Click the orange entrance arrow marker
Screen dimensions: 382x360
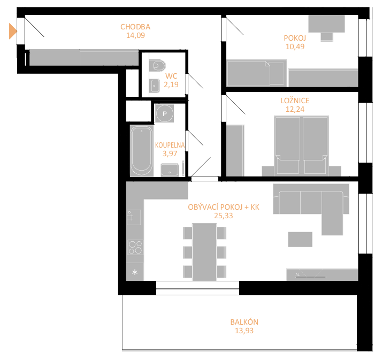13,31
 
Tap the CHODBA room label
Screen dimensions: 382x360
135,27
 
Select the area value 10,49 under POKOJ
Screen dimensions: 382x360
295,47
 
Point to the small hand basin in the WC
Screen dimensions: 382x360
155,86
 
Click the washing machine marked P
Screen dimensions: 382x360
164,113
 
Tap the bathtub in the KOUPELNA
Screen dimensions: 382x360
142,151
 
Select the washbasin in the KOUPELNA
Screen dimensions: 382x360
170,170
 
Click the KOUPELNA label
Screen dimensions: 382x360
170,145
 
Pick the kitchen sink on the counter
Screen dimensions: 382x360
134,217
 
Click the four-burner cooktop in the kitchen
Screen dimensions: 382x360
135,247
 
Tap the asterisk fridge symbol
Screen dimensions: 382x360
135,272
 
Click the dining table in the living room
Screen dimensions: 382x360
204,252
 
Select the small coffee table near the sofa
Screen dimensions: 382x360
300,240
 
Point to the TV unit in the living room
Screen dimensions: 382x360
322,275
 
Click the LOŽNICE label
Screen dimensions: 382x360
295,101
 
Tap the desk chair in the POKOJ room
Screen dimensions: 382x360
327,37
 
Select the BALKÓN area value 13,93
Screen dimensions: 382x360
244,331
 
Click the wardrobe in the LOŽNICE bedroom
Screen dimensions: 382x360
235,150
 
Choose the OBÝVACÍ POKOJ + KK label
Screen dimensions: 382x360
224,207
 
